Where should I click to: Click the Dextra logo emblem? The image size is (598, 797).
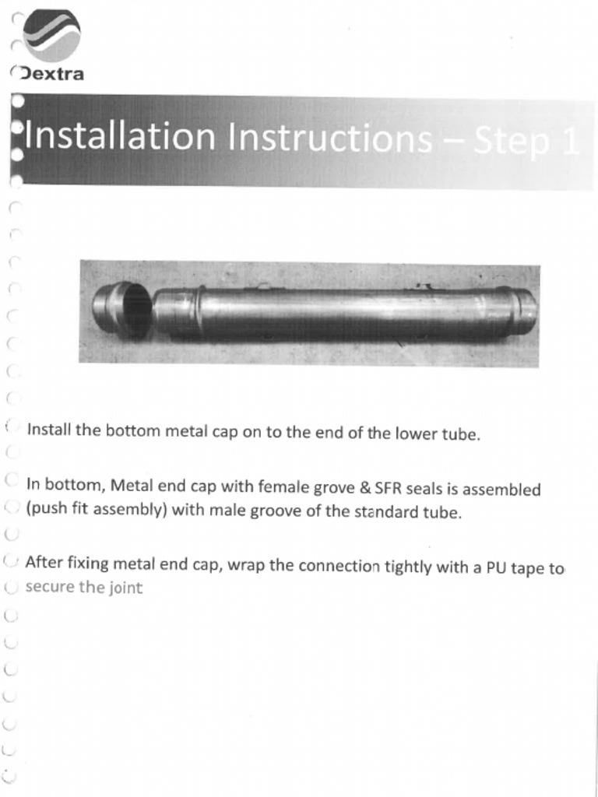(x=51, y=36)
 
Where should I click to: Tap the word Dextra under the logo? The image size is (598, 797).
(x=53, y=75)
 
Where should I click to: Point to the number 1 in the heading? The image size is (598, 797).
(x=569, y=142)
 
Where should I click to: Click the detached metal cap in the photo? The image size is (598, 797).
(x=122, y=310)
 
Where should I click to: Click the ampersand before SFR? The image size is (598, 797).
(x=364, y=490)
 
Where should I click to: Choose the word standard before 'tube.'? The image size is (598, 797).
(x=386, y=514)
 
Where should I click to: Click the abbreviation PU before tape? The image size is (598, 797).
(x=497, y=567)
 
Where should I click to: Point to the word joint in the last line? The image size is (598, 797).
(x=125, y=588)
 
